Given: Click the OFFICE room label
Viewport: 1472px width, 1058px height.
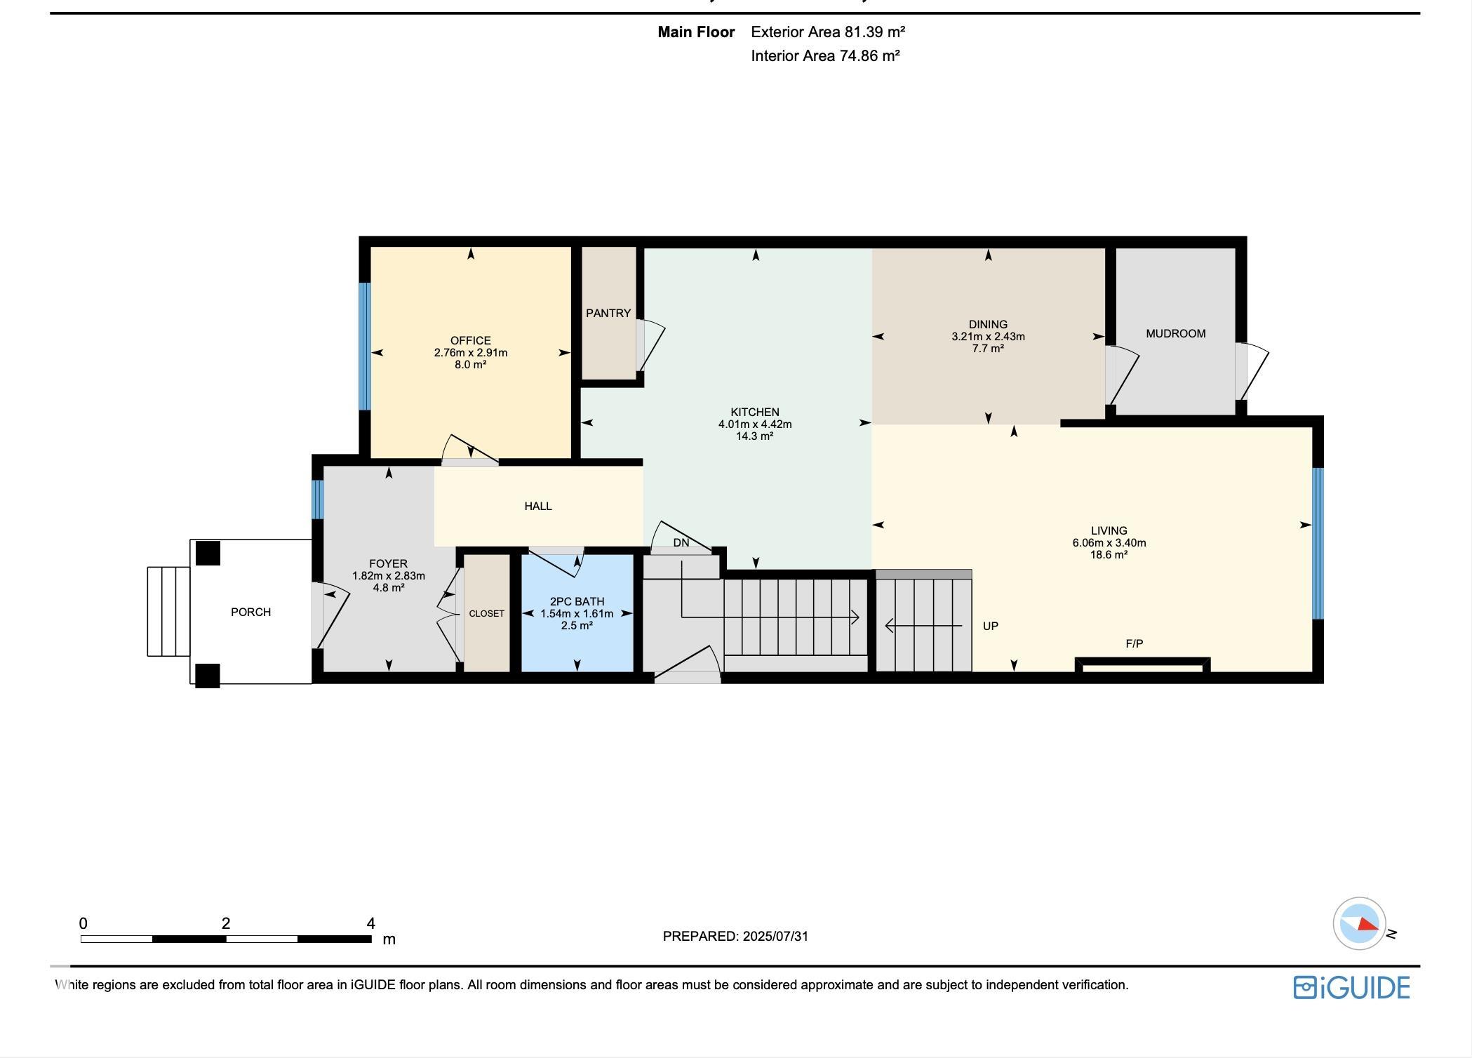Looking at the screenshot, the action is point(470,341).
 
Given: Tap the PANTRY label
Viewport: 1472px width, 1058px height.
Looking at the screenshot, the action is point(608,314).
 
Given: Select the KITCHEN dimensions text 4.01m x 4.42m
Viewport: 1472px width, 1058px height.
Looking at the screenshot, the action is point(755,424).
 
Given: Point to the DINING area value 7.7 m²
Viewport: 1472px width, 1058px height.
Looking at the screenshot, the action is point(988,348).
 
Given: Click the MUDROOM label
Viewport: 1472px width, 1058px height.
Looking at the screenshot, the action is point(1176,334).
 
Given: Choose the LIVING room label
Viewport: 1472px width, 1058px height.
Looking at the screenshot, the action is point(1109,531).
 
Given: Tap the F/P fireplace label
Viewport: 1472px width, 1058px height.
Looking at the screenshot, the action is point(1135,643).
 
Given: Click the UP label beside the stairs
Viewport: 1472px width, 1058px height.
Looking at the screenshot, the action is point(991,626).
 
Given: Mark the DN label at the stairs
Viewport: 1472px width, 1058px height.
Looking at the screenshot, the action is point(681,542).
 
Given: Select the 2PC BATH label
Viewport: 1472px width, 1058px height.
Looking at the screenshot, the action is point(577,602).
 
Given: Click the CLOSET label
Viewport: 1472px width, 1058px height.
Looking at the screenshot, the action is point(487,614).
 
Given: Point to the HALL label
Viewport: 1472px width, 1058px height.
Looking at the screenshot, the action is point(538,507).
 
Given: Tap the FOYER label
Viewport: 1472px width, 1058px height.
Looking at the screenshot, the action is point(388,564).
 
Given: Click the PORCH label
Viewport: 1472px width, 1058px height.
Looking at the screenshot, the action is point(250,612).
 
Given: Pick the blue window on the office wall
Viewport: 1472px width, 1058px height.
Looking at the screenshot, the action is point(364,346).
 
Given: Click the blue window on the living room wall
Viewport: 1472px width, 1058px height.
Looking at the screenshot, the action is point(1318,543).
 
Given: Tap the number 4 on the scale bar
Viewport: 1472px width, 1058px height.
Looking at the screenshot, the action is point(370,923).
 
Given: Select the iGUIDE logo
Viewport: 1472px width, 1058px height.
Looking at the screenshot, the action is point(1351,987).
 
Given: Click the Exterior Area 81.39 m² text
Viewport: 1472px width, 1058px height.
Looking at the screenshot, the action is point(828,32).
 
